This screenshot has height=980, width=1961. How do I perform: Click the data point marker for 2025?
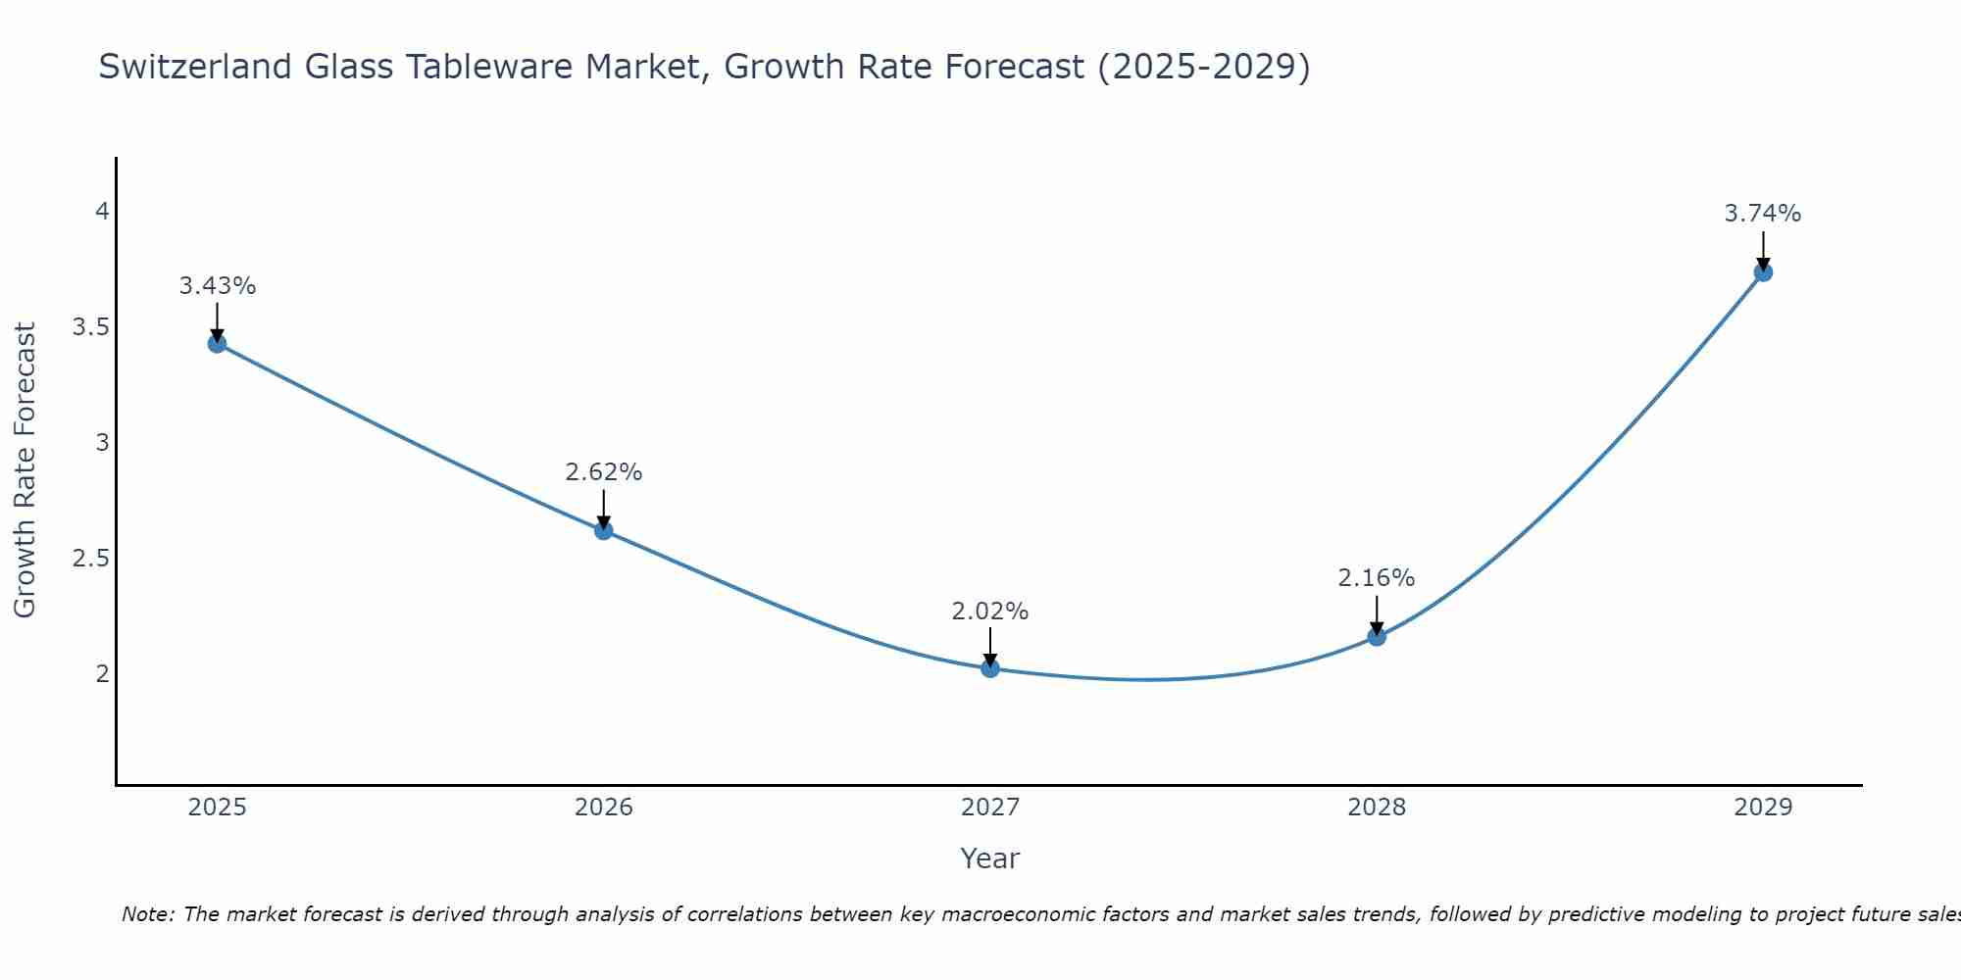[217, 343]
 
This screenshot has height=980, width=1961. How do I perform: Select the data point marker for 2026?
[603, 530]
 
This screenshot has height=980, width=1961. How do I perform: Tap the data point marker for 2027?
[989, 668]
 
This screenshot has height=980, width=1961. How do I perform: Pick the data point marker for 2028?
[1376, 636]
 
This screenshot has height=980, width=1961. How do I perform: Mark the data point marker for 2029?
[1762, 271]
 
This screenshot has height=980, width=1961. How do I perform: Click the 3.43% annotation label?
[217, 286]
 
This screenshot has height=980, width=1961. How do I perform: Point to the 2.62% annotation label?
[603, 472]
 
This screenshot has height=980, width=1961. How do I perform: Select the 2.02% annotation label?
[989, 612]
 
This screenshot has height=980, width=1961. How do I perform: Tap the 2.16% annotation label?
[1376, 578]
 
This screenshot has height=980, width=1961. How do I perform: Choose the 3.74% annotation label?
[1762, 214]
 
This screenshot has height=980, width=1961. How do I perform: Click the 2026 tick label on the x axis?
[603, 808]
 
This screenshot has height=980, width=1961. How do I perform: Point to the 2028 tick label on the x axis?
[1376, 808]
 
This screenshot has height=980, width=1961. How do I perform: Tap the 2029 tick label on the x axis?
[1762, 808]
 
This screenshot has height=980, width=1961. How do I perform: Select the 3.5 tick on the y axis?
[90, 327]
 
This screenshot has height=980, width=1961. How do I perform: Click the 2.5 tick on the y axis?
[90, 559]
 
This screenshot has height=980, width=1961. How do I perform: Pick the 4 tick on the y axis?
[101, 212]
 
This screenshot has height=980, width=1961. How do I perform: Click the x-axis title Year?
[989, 858]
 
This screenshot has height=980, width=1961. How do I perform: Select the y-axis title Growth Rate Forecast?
[25, 469]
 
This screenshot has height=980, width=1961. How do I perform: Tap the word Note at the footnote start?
[147, 914]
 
